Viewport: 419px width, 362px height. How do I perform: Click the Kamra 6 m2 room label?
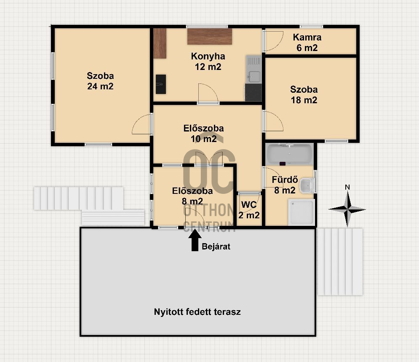(307, 43)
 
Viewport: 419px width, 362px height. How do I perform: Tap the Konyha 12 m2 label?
(208, 62)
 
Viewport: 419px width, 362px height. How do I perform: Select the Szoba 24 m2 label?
(100, 81)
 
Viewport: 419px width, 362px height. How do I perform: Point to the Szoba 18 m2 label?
(304, 95)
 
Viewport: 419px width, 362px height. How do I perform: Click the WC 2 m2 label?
(249, 210)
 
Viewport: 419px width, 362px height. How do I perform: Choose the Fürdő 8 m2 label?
(285, 185)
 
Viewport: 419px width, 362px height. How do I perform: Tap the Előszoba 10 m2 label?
(203, 134)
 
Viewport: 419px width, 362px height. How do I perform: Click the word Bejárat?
(216, 247)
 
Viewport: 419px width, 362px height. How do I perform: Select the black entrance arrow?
(195, 240)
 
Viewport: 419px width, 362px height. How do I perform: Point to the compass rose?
(347, 209)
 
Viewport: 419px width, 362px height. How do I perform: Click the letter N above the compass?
(347, 187)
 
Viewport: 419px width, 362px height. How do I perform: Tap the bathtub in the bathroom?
(290, 155)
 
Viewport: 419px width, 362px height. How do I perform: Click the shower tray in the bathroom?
(302, 212)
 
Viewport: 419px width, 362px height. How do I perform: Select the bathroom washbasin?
(307, 185)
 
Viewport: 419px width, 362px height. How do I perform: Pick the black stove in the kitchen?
(253, 93)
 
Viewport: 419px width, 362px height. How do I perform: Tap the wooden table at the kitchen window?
(210, 36)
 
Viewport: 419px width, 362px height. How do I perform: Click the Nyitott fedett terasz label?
(197, 312)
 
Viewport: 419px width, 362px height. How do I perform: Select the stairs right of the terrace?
(340, 262)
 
